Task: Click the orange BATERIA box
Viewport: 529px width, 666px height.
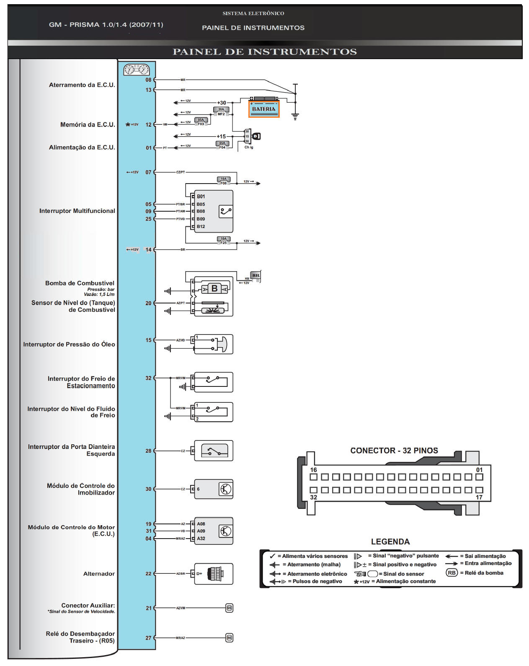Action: point(264,109)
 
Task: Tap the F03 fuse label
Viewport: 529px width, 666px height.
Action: point(201,124)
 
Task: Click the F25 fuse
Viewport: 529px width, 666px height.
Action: point(224,241)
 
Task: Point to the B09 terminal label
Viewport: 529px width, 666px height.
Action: point(201,219)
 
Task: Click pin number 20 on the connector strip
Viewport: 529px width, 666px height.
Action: point(148,303)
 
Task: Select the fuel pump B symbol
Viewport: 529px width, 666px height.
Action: point(214,288)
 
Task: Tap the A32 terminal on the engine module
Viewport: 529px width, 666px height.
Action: point(201,539)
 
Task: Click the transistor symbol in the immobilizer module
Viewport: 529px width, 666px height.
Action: point(226,489)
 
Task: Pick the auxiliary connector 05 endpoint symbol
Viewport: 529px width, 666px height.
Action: point(229,608)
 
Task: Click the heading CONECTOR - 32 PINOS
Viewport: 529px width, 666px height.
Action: point(394,451)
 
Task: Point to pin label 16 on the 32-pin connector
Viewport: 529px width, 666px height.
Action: point(314,470)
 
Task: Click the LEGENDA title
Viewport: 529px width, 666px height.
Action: point(390,542)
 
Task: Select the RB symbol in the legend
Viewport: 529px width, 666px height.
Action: point(452,573)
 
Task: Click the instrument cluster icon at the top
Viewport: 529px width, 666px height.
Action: point(137,70)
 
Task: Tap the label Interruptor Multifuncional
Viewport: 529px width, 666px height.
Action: point(77,211)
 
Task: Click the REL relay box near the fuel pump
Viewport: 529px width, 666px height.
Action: point(255,276)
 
